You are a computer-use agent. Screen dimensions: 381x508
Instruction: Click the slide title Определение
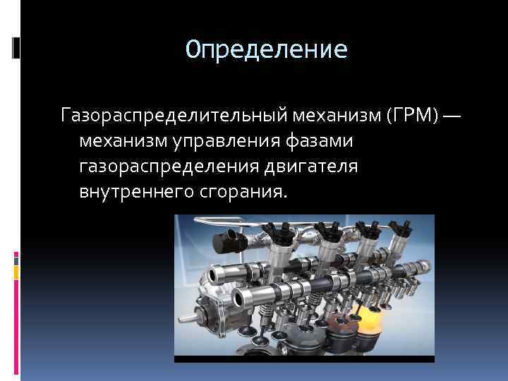pos(267,50)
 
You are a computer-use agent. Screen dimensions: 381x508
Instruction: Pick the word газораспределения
pos(170,167)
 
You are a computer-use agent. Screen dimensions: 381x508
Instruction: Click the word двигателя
pos(312,167)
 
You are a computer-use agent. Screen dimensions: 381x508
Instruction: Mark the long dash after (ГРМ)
pos(452,114)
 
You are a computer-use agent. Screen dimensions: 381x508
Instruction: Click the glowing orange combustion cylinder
pos(370,325)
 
